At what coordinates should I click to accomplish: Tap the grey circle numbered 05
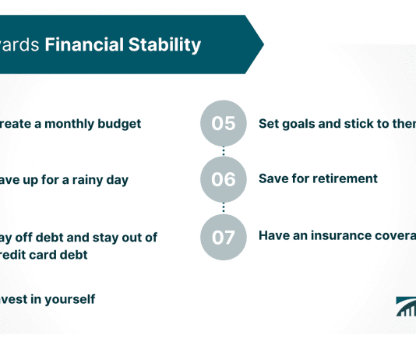pos(223,124)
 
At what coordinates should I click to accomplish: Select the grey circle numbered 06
pos(223,179)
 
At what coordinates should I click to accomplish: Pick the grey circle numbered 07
pos(223,235)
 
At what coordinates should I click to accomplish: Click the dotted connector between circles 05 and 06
pos(223,151)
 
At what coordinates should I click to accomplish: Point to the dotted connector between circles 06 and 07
pos(223,207)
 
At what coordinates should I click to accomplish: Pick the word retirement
pos(347,178)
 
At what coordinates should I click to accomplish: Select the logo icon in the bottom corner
pos(406,307)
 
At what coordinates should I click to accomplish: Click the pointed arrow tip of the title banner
pos(259,44)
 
